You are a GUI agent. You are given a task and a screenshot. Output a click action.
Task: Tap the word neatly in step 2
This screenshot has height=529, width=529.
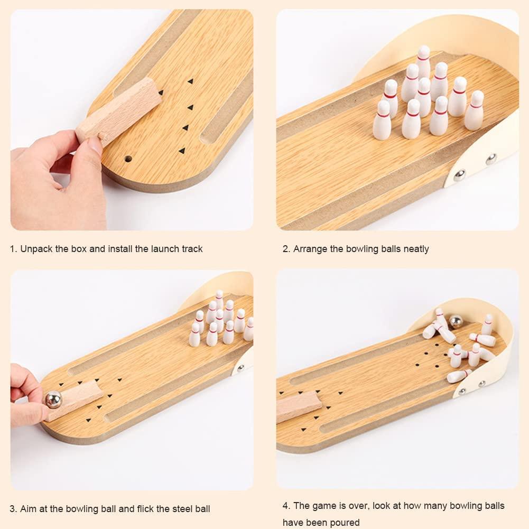[415, 248]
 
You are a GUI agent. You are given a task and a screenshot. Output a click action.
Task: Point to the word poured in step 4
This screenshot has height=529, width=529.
[345, 523]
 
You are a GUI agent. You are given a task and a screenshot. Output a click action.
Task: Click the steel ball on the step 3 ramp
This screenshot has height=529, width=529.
[53, 400]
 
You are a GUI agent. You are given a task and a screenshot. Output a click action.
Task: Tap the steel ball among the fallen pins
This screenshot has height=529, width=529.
[456, 321]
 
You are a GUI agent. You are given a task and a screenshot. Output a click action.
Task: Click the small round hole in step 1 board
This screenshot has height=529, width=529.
[128, 157]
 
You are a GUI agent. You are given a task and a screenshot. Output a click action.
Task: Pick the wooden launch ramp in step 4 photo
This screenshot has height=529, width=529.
[299, 406]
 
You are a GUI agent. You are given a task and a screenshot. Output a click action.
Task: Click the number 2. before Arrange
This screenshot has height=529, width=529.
[286, 248]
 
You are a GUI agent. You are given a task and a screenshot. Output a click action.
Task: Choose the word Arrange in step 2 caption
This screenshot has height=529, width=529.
[310, 248]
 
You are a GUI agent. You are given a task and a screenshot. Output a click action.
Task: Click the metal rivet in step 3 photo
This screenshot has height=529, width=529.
[242, 368]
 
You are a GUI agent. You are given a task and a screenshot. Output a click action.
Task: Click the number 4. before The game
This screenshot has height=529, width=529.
[286, 506]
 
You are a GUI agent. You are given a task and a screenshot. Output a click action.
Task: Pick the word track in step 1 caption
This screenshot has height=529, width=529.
[190, 248]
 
